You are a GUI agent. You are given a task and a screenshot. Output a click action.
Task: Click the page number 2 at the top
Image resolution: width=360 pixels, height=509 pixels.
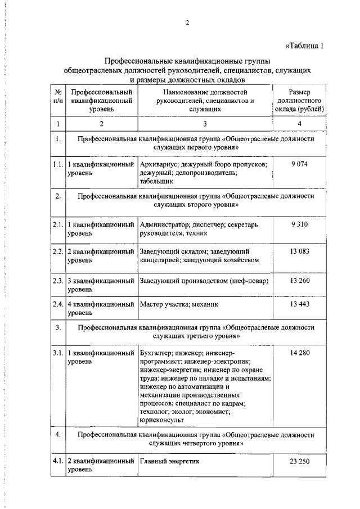click(187, 23)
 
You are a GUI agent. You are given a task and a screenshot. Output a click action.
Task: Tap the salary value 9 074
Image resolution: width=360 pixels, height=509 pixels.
click(299, 164)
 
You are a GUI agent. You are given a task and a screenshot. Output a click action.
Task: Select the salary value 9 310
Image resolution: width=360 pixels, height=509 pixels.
click(299, 224)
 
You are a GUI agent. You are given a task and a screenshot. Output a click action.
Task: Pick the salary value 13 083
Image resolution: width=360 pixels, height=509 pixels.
click(299, 251)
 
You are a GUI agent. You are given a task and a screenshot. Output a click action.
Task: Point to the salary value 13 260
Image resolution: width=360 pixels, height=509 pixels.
click(299, 281)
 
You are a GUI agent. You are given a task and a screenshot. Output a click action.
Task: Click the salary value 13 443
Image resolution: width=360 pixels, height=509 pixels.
click(299, 304)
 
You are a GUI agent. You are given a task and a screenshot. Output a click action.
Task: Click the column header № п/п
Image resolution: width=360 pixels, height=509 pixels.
click(57, 96)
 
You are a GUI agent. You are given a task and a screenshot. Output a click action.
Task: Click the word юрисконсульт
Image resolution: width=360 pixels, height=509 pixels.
click(160, 420)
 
